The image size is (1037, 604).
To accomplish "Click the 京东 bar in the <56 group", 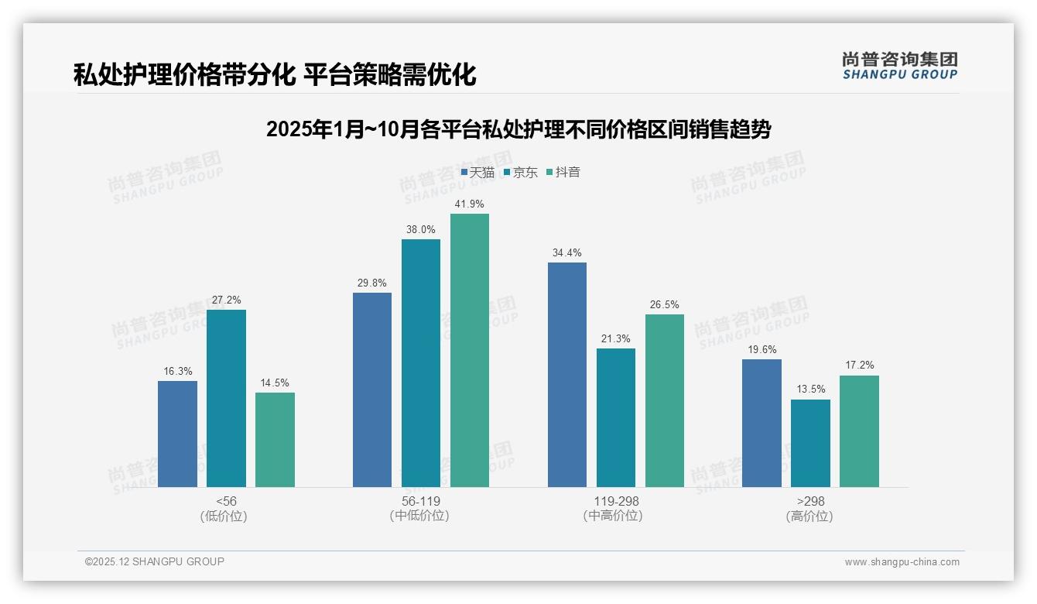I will [226, 398].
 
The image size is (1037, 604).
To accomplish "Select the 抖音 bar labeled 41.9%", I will [470, 350].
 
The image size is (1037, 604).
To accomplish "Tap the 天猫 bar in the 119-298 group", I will [567, 375].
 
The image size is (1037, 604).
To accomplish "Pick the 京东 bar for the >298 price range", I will [810, 443].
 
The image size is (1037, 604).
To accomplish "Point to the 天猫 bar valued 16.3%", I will [177, 434].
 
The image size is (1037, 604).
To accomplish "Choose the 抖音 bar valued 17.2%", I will [859, 431].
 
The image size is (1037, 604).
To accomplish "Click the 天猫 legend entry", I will [478, 172].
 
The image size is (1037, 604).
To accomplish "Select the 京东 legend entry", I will [521, 172].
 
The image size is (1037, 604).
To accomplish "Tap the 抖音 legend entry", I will [563, 172].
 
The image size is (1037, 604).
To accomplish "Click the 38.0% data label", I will [421, 229].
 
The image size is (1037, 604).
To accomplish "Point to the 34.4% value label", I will [567, 252].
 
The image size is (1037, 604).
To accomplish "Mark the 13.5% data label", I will [810, 390].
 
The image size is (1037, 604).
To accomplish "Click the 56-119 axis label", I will [421, 501].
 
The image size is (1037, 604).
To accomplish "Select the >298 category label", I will [810, 501].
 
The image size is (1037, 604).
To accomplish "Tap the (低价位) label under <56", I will [224, 516].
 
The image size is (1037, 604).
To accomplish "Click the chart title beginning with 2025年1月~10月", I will [518, 129].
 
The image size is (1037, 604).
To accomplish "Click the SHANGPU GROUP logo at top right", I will [900, 66].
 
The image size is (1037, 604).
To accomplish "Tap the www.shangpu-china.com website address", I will [902, 562].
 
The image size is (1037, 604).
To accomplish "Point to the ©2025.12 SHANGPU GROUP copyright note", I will [155, 561].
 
